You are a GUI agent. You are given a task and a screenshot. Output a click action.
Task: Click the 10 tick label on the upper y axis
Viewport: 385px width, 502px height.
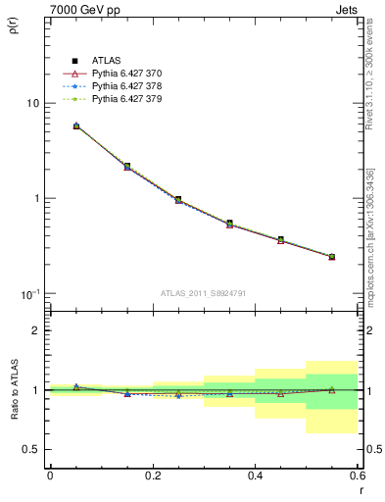(x=32, y=103)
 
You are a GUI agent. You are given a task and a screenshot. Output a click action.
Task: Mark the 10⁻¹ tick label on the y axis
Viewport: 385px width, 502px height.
(x=30, y=293)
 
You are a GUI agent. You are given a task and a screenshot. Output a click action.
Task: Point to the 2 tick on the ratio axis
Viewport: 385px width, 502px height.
(x=36, y=330)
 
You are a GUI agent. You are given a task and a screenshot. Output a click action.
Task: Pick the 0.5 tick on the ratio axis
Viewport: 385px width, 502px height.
(x=32, y=449)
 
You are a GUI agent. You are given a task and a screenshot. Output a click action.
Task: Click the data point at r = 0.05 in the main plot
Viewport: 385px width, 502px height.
(x=76, y=125)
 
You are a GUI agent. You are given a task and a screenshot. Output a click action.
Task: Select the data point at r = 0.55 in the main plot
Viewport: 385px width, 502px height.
(x=331, y=257)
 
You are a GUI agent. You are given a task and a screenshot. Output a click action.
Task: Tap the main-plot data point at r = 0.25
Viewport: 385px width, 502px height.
(x=178, y=199)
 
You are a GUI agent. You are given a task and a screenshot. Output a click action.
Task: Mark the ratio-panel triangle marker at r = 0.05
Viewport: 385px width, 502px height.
(x=76, y=387)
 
